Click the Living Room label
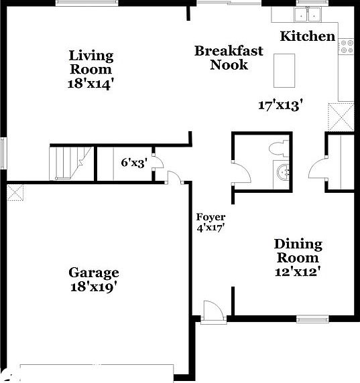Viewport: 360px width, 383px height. pyautogui.click(x=91, y=62)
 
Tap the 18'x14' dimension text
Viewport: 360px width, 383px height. pyautogui.click(x=91, y=84)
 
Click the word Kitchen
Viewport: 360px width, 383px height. pyautogui.click(x=307, y=36)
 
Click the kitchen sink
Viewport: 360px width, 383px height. pyautogui.click(x=308, y=14)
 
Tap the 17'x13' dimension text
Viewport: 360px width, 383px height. pyautogui.click(x=281, y=104)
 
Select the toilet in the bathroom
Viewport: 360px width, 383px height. pyautogui.click(x=279, y=147)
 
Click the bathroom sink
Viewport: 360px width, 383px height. pyautogui.click(x=284, y=173)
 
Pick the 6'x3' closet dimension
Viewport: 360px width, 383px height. pyautogui.click(x=133, y=161)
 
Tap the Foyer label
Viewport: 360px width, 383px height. pyautogui.click(x=211, y=217)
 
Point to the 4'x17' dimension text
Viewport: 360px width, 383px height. pyautogui.click(x=211, y=228)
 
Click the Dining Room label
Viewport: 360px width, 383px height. pyautogui.click(x=298, y=250)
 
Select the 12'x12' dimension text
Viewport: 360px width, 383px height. pyautogui.click(x=298, y=271)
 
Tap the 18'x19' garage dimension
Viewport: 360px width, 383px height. pyautogui.click(x=94, y=287)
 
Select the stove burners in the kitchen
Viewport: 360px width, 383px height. pyautogui.click(x=347, y=47)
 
